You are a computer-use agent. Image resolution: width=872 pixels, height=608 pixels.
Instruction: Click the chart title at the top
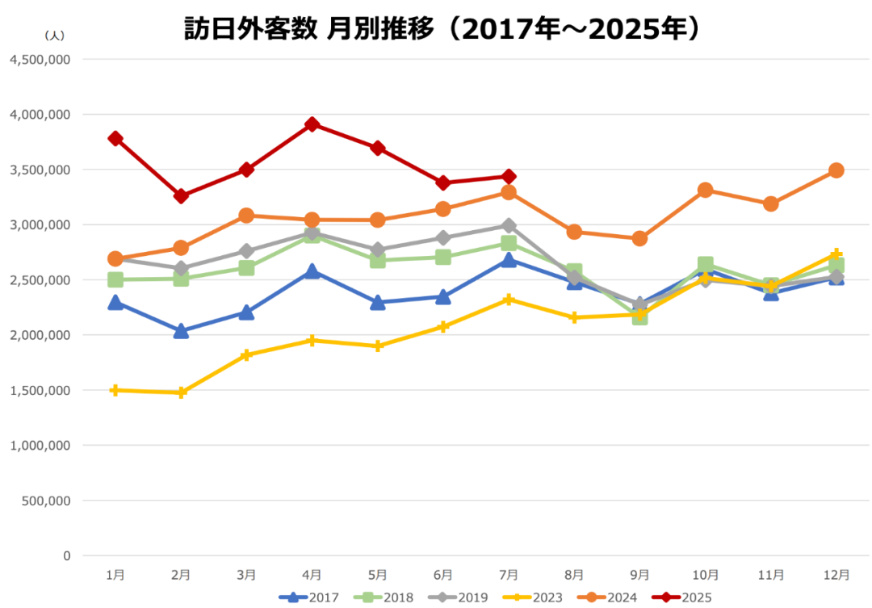(441, 29)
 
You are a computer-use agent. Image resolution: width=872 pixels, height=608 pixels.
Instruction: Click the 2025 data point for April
(312, 124)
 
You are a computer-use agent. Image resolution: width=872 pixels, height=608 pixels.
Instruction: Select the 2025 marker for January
(115, 139)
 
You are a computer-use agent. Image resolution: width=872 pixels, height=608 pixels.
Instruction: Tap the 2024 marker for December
(836, 170)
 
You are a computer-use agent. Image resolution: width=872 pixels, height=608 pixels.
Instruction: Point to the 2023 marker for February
(181, 392)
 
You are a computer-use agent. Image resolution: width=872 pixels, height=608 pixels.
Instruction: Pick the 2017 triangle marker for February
(181, 331)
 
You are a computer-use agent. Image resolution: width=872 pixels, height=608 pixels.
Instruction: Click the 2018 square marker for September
(639, 317)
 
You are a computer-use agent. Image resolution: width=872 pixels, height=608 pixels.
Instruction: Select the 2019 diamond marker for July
(509, 226)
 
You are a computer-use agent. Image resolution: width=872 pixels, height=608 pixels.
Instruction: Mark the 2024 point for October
(705, 191)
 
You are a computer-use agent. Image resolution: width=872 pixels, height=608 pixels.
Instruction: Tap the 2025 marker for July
(509, 177)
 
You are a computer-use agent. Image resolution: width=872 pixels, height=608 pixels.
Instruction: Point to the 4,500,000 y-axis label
(40, 60)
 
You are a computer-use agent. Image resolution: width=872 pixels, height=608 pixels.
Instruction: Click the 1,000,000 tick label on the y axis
(40, 446)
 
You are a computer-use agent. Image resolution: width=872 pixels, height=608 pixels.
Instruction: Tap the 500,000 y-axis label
(46, 501)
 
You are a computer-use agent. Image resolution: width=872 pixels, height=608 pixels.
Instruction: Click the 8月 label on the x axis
(574, 575)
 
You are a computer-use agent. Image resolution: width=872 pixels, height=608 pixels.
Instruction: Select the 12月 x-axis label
(836, 575)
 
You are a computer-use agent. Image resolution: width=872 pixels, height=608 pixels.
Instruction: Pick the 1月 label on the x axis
(115, 575)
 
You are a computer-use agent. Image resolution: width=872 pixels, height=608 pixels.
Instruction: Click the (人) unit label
(54, 36)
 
